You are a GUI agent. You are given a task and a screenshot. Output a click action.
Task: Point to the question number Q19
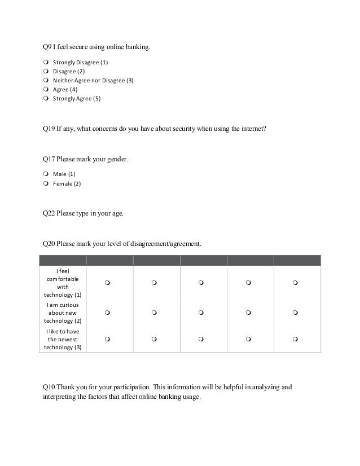[x=49, y=128]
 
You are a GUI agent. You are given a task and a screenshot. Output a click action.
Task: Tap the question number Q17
[x=49, y=160]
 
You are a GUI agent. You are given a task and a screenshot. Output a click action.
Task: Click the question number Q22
[x=49, y=214]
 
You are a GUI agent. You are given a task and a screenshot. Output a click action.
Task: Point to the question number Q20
[x=49, y=244]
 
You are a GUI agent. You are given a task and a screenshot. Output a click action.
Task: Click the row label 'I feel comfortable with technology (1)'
[x=62, y=283]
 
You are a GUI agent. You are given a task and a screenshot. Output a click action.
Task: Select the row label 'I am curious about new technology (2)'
[x=62, y=313]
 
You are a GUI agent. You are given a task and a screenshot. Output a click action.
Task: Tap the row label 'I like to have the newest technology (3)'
[x=62, y=339]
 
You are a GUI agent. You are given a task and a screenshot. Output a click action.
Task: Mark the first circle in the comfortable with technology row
[x=107, y=283]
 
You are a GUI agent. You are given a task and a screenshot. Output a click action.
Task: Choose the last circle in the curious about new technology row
[x=296, y=313]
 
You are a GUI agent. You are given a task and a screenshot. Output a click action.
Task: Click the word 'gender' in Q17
[x=117, y=160]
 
